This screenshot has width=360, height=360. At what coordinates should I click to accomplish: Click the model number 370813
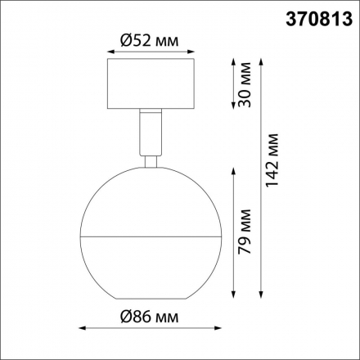(314, 16)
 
